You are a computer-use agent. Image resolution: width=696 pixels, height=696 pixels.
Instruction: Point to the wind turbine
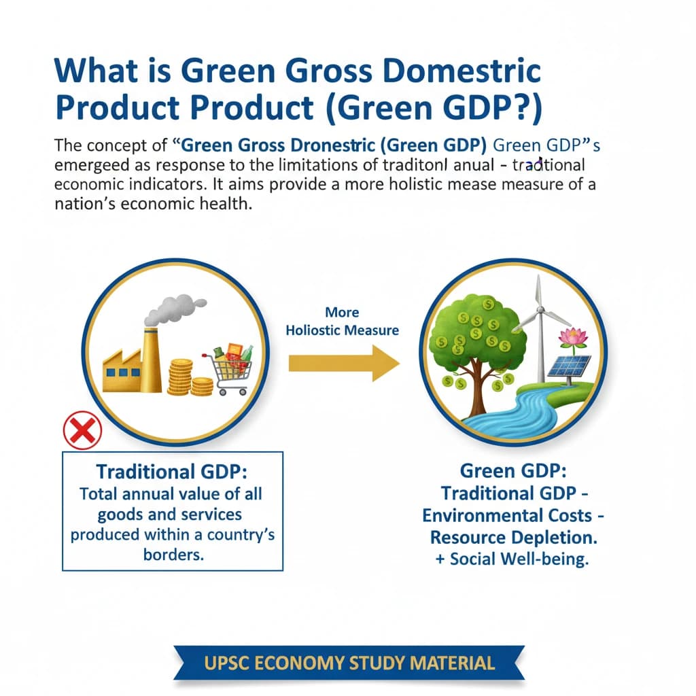pos(541,326)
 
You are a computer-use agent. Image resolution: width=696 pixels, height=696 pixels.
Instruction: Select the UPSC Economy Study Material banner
pos(348,663)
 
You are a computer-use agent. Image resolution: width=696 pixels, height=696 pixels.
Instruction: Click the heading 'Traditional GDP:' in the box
pos(171,472)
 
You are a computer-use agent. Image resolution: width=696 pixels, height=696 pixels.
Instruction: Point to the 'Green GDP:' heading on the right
pos(513,470)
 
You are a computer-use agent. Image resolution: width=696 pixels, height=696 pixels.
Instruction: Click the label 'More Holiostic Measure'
pos(342,321)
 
